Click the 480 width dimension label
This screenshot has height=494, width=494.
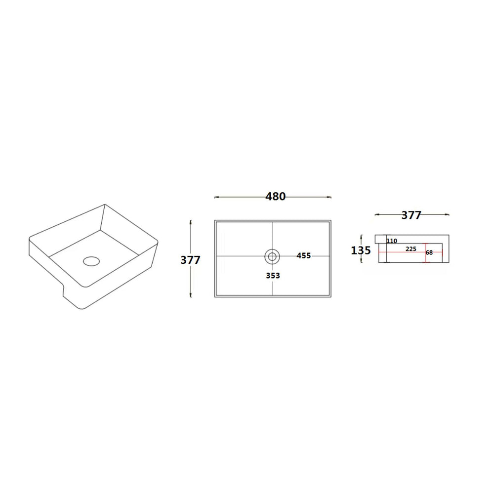point(275,196)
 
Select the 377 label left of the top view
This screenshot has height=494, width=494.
point(190,260)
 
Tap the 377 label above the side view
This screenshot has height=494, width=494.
point(411,215)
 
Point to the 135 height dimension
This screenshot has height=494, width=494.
point(361,250)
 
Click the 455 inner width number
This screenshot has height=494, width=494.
point(304,256)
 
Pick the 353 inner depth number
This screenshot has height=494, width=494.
point(273,276)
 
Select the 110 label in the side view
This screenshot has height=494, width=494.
point(392,241)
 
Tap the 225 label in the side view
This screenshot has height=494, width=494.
point(411,249)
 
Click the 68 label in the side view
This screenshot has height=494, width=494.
point(429,252)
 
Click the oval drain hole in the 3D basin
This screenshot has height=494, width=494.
point(91,260)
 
